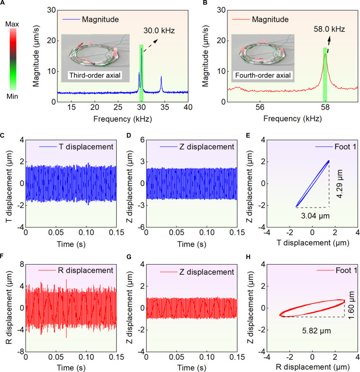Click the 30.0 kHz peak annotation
click(x=159, y=31)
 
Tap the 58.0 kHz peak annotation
click(x=329, y=29)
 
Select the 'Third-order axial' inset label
click(x=95, y=76)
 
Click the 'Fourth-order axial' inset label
click(x=263, y=76)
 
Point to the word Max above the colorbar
click(x=12, y=24)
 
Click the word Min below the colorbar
click(x=12, y=96)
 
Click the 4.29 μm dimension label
click(x=340, y=184)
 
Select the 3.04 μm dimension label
click(x=316, y=216)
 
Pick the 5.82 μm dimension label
click(x=316, y=331)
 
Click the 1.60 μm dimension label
click(x=351, y=305)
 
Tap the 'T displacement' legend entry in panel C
click(x=76, y=147)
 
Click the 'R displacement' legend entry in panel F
click(x=76, y=270)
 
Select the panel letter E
click(x=248, y=136)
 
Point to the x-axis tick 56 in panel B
click(x=260, y=107)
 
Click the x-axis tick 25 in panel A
click(x=118, y=107)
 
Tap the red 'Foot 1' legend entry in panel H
click(x=337, y=270)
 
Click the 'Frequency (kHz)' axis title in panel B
click(x=292, y=119)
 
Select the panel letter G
click(x=129, y=257)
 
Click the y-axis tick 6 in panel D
click(x=142, y=140)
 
